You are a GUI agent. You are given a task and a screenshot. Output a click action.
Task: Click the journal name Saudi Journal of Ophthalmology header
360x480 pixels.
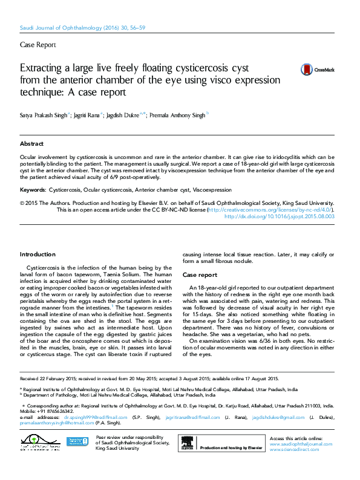click(70, 28)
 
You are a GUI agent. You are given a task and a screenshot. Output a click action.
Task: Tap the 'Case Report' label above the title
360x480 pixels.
click(38, 45)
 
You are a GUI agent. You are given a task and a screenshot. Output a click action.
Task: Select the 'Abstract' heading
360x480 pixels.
click(31, 144)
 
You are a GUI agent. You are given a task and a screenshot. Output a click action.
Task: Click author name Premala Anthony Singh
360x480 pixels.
click(178, 114)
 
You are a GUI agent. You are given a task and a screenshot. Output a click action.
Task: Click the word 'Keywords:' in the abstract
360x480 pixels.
click(33, 190)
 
